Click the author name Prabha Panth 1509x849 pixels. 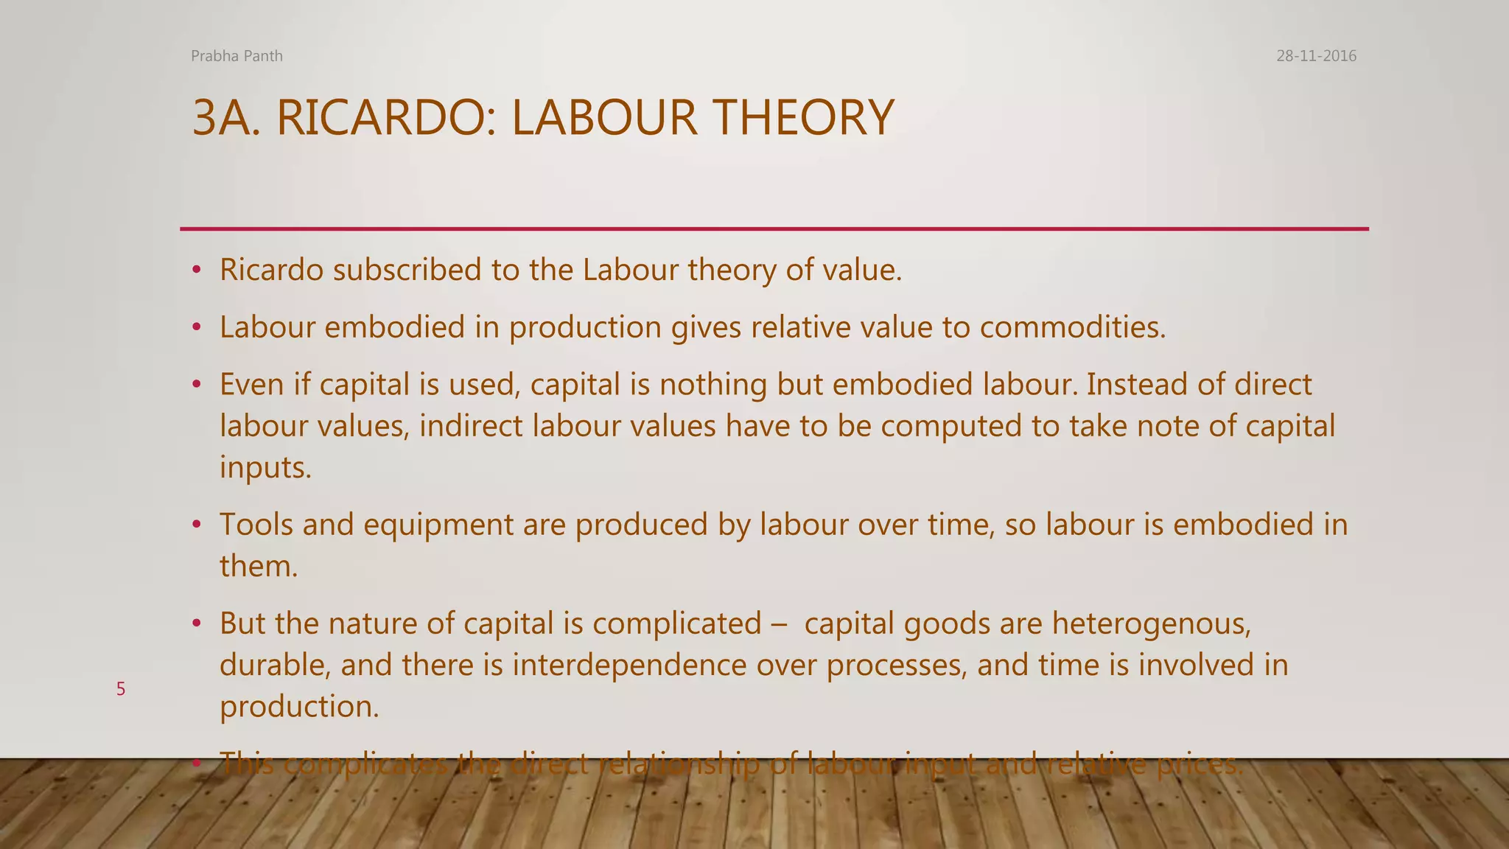coord(237,56)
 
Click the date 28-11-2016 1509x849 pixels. coord(1316,56)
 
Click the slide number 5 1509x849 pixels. coord(121,689)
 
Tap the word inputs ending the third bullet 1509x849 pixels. coord(265,468)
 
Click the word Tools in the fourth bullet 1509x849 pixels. coord(256,525)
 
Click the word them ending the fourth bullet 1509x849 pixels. coord(257,566)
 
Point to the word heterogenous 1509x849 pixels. coord(1151,625)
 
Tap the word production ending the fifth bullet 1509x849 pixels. coord(298,707)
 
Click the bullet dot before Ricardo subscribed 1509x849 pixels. coord(196,270)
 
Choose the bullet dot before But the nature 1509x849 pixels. coord(196,624)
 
